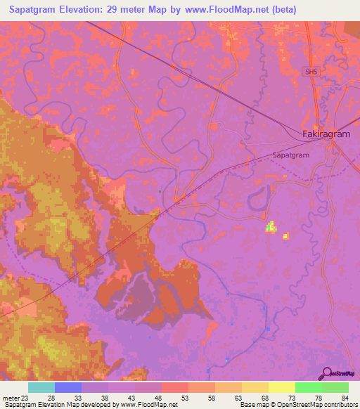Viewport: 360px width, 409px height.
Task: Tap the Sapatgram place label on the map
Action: point(291,155)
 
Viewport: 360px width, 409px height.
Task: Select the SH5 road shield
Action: point(311,72)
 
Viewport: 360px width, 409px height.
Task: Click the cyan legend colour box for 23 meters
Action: point(41,387)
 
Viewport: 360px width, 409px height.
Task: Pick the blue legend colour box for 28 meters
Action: point(68,387)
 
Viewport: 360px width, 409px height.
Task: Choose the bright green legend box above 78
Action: point(309,387)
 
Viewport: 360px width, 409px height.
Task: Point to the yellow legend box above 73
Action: point(282,387)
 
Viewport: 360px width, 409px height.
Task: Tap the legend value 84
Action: point(345,398)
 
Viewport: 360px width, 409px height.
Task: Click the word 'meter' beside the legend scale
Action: point(10,398)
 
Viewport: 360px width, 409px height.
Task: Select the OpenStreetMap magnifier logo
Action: point(326,372)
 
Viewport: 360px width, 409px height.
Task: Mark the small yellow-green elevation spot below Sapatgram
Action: point(271,226)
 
